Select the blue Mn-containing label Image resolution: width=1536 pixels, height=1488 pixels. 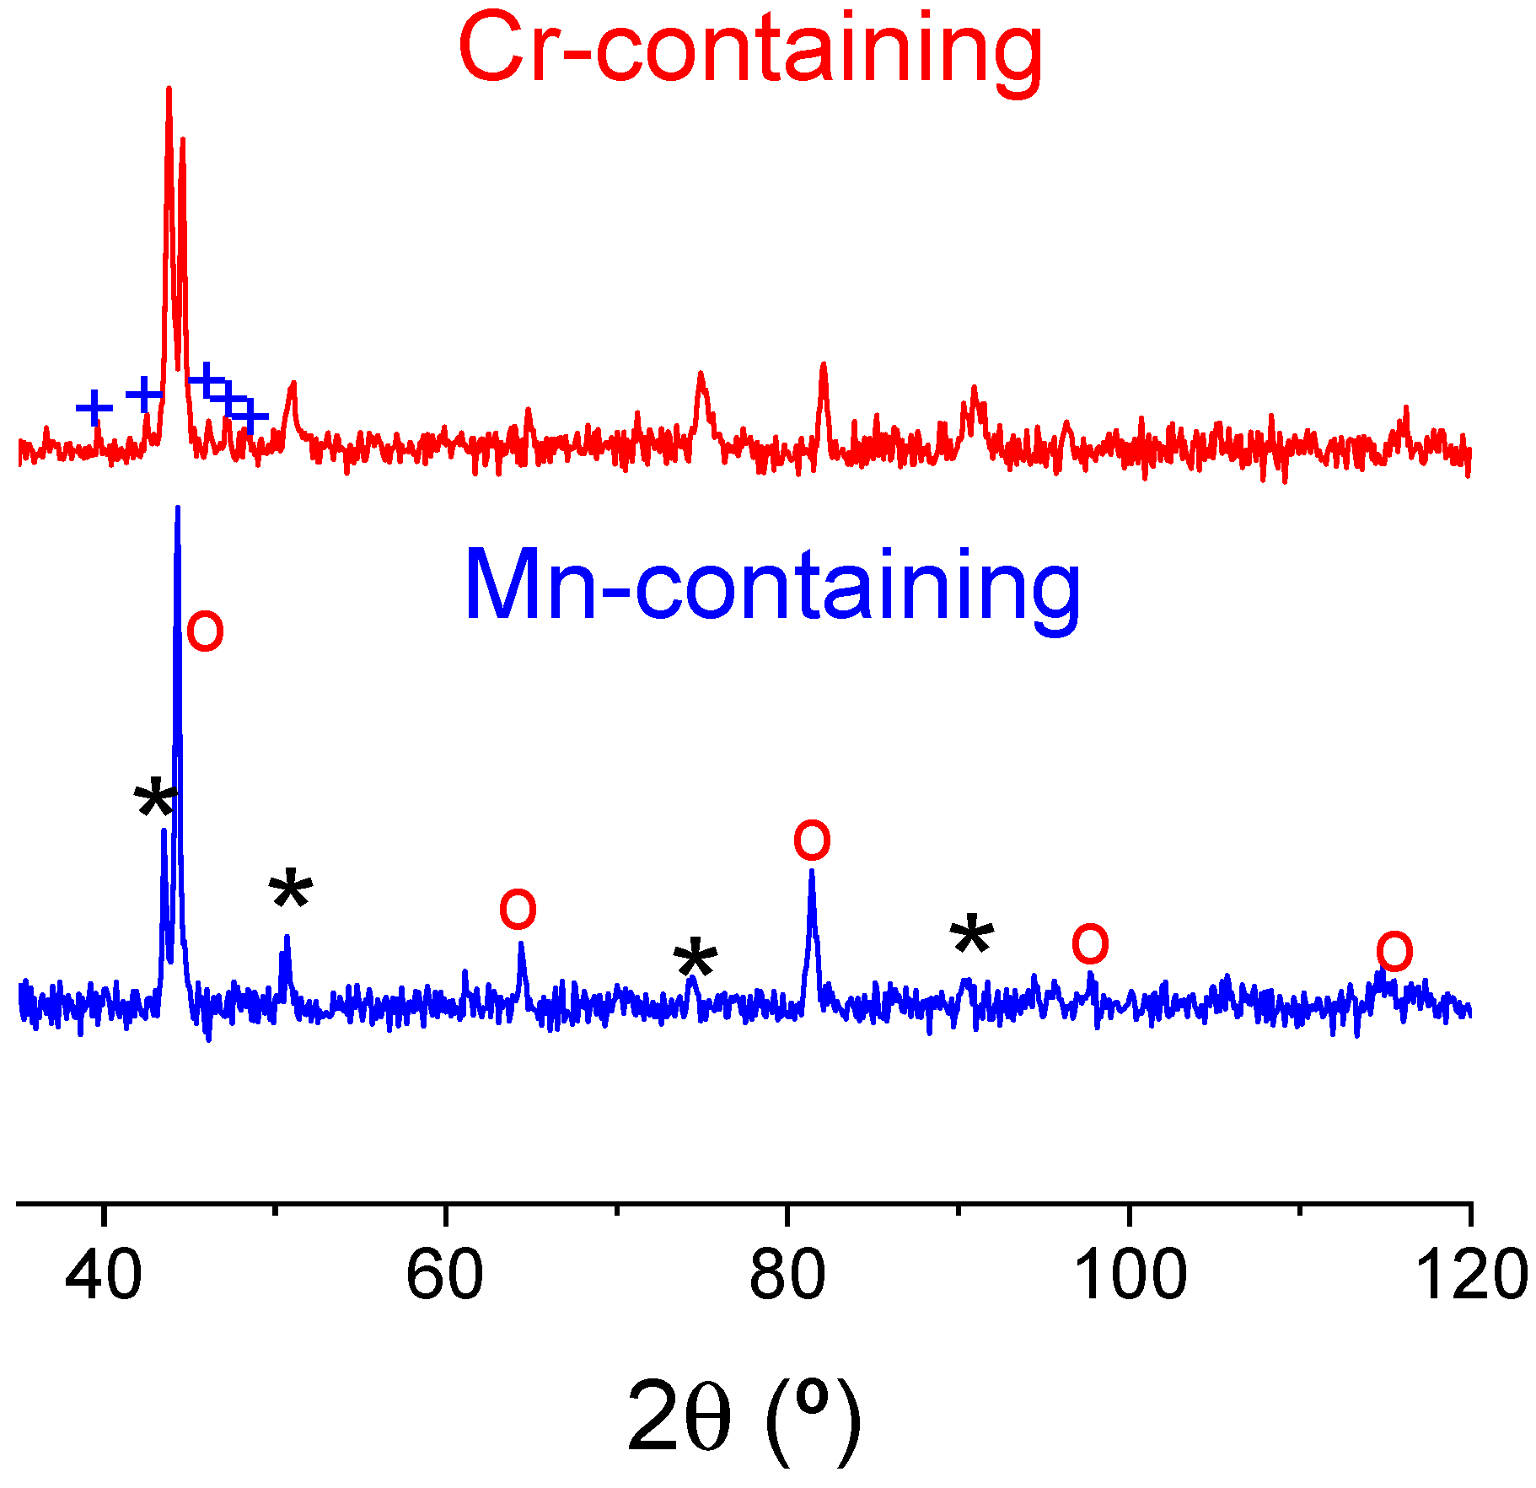click(771, 585)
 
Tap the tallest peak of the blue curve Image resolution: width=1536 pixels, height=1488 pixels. click(177, 508)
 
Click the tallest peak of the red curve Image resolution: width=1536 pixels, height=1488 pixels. click(169, 89)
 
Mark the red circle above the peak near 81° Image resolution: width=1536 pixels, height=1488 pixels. click(812, 841)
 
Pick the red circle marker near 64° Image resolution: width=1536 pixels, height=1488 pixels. click(518, 909)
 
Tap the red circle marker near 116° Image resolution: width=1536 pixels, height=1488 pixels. click(1394, 952)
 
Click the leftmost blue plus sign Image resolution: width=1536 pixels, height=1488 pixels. click(94, 408)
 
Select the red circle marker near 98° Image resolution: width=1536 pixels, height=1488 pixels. click(1090, 943)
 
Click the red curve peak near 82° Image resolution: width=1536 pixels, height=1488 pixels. click(824, 364)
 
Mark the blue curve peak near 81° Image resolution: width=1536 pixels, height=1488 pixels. click(811, 871)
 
